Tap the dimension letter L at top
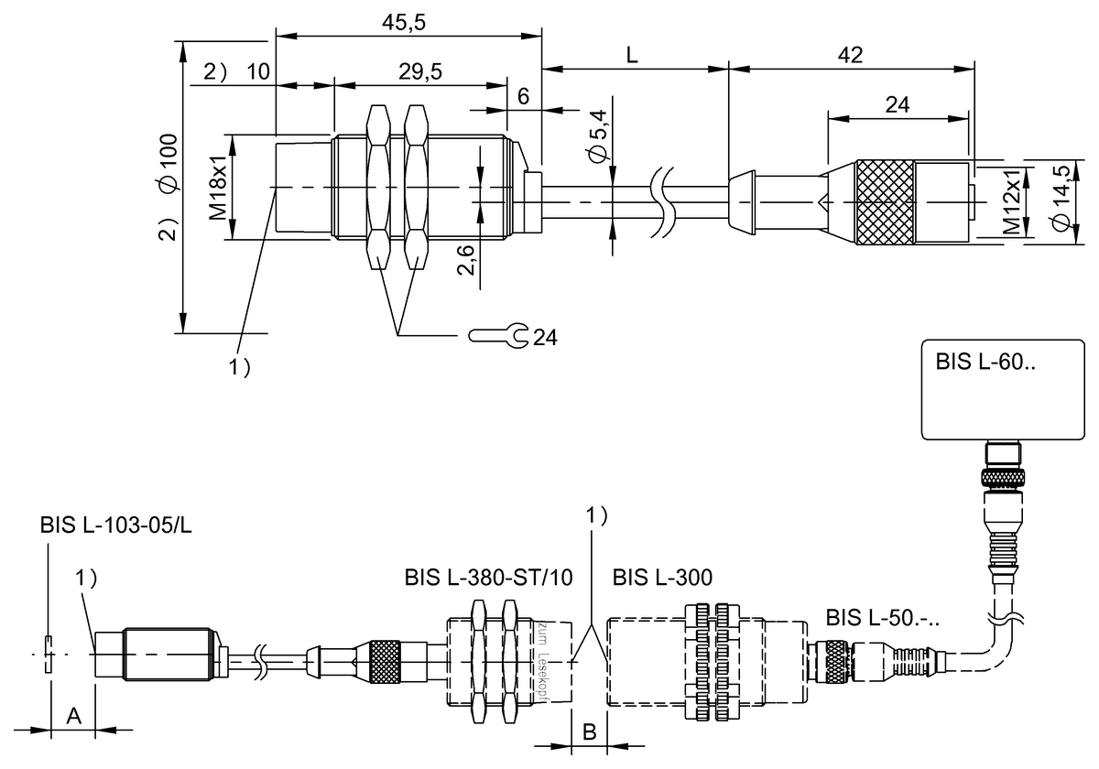(632, 55)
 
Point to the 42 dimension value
(851, 55)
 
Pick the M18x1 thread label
(218, 188)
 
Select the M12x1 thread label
(1010, 203)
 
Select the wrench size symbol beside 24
(499, 337)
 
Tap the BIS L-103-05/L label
(115, 525)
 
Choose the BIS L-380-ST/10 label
(489, 578)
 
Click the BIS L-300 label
(663, 578)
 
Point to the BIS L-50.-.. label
(883, 615)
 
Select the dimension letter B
(591, 731)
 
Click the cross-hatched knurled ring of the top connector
(885, 203)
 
